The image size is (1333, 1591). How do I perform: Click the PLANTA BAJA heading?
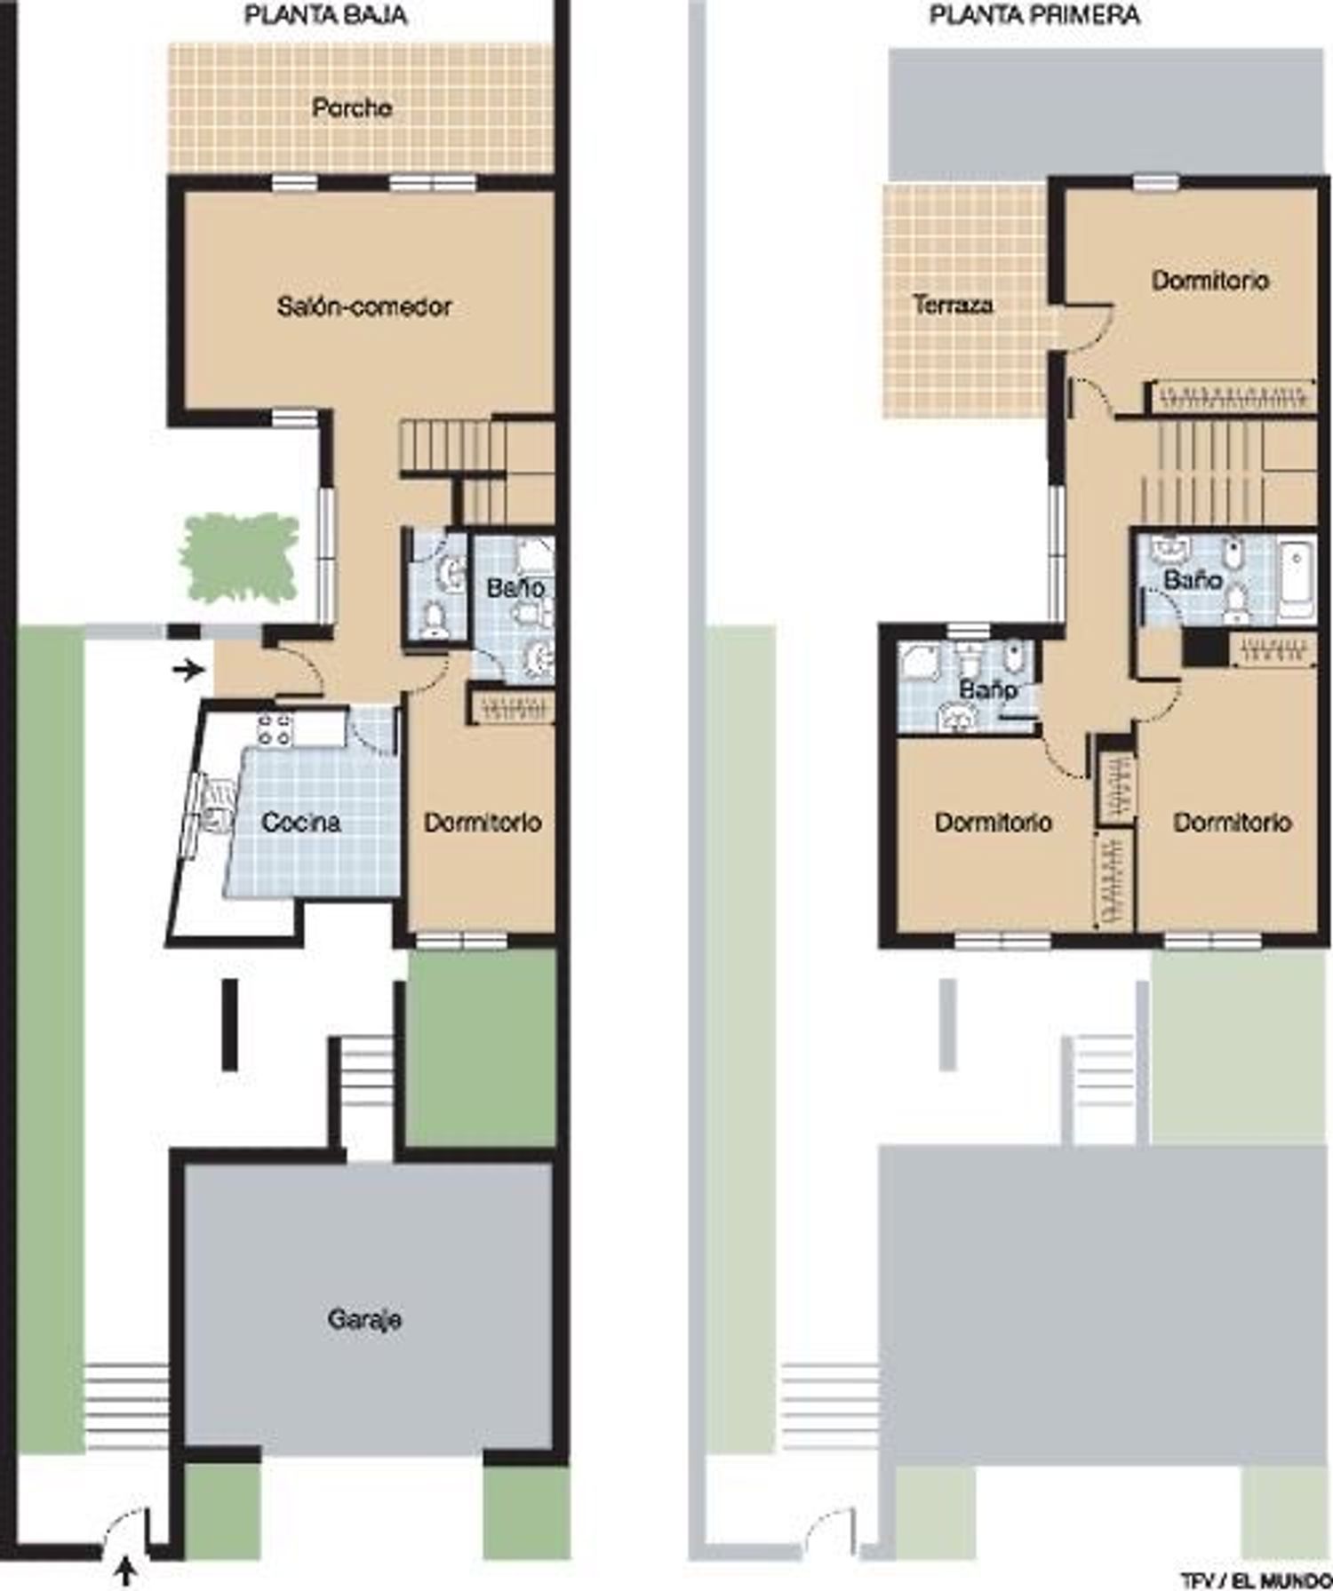(x=325, y=15)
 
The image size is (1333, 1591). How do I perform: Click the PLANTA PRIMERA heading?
(x=1035, y=15)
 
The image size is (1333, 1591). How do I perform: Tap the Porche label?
(x=352, y=107)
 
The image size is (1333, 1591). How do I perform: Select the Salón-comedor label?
(x=364, y=306)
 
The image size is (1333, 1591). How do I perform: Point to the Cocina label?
(x=301, y=822)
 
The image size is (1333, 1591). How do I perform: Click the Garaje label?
(x=364, y=1319)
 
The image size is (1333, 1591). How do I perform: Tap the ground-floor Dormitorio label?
(x=483, y=822)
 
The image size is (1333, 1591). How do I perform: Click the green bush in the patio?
(x=240, y=557)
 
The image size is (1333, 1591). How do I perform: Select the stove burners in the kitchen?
(x=274, y=728)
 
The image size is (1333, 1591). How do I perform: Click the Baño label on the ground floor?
(x=515, y=587)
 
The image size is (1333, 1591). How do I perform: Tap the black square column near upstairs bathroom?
(x=1205, y=648)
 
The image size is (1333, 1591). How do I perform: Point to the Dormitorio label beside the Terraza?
(x=1210, y=281)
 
